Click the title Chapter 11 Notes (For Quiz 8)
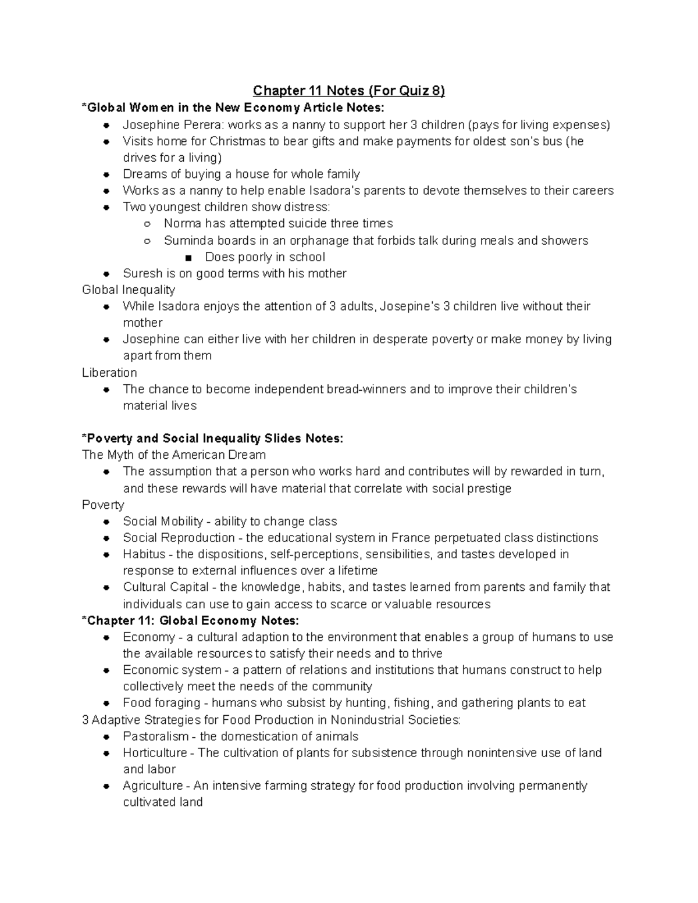coord(348,91)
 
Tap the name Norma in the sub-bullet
coord(181,223)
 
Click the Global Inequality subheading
coord(129,290)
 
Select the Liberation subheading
coord(109,373)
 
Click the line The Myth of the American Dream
coord(174,455)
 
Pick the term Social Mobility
coord(163,521)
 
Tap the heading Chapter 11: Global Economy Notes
coord(191,620)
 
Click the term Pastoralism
coord(155,736)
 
